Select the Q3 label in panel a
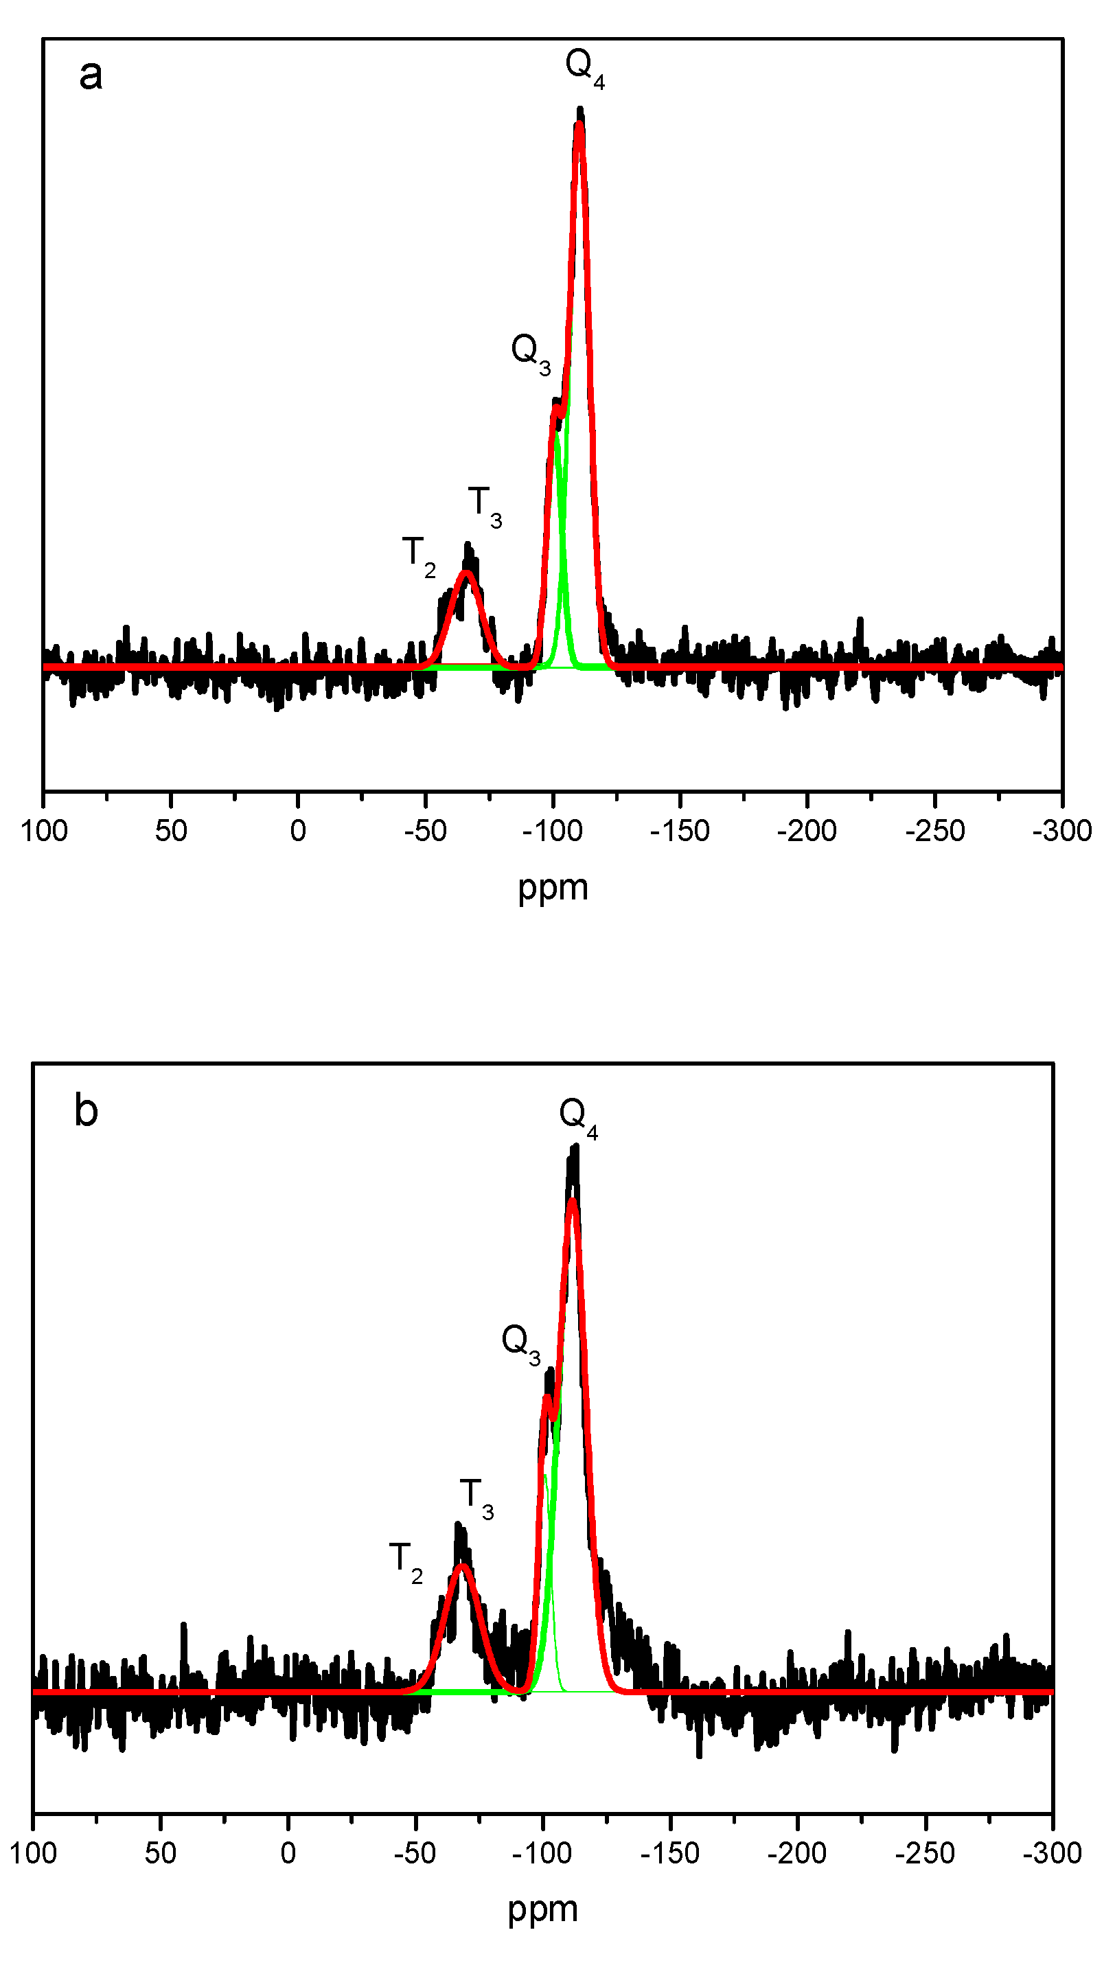[531, 353]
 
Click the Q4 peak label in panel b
[578, 1117]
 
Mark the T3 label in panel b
[476, 1498]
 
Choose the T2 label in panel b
[405, 1562]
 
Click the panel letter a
[91, 75]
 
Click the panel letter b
[86, 1110]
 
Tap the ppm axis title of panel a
[553, 888]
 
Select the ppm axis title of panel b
[542, 1909]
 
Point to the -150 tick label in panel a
[679, 831]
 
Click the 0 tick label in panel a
[298, 831]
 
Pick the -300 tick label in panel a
[1061, 831]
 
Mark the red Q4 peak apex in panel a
[579, 125]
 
